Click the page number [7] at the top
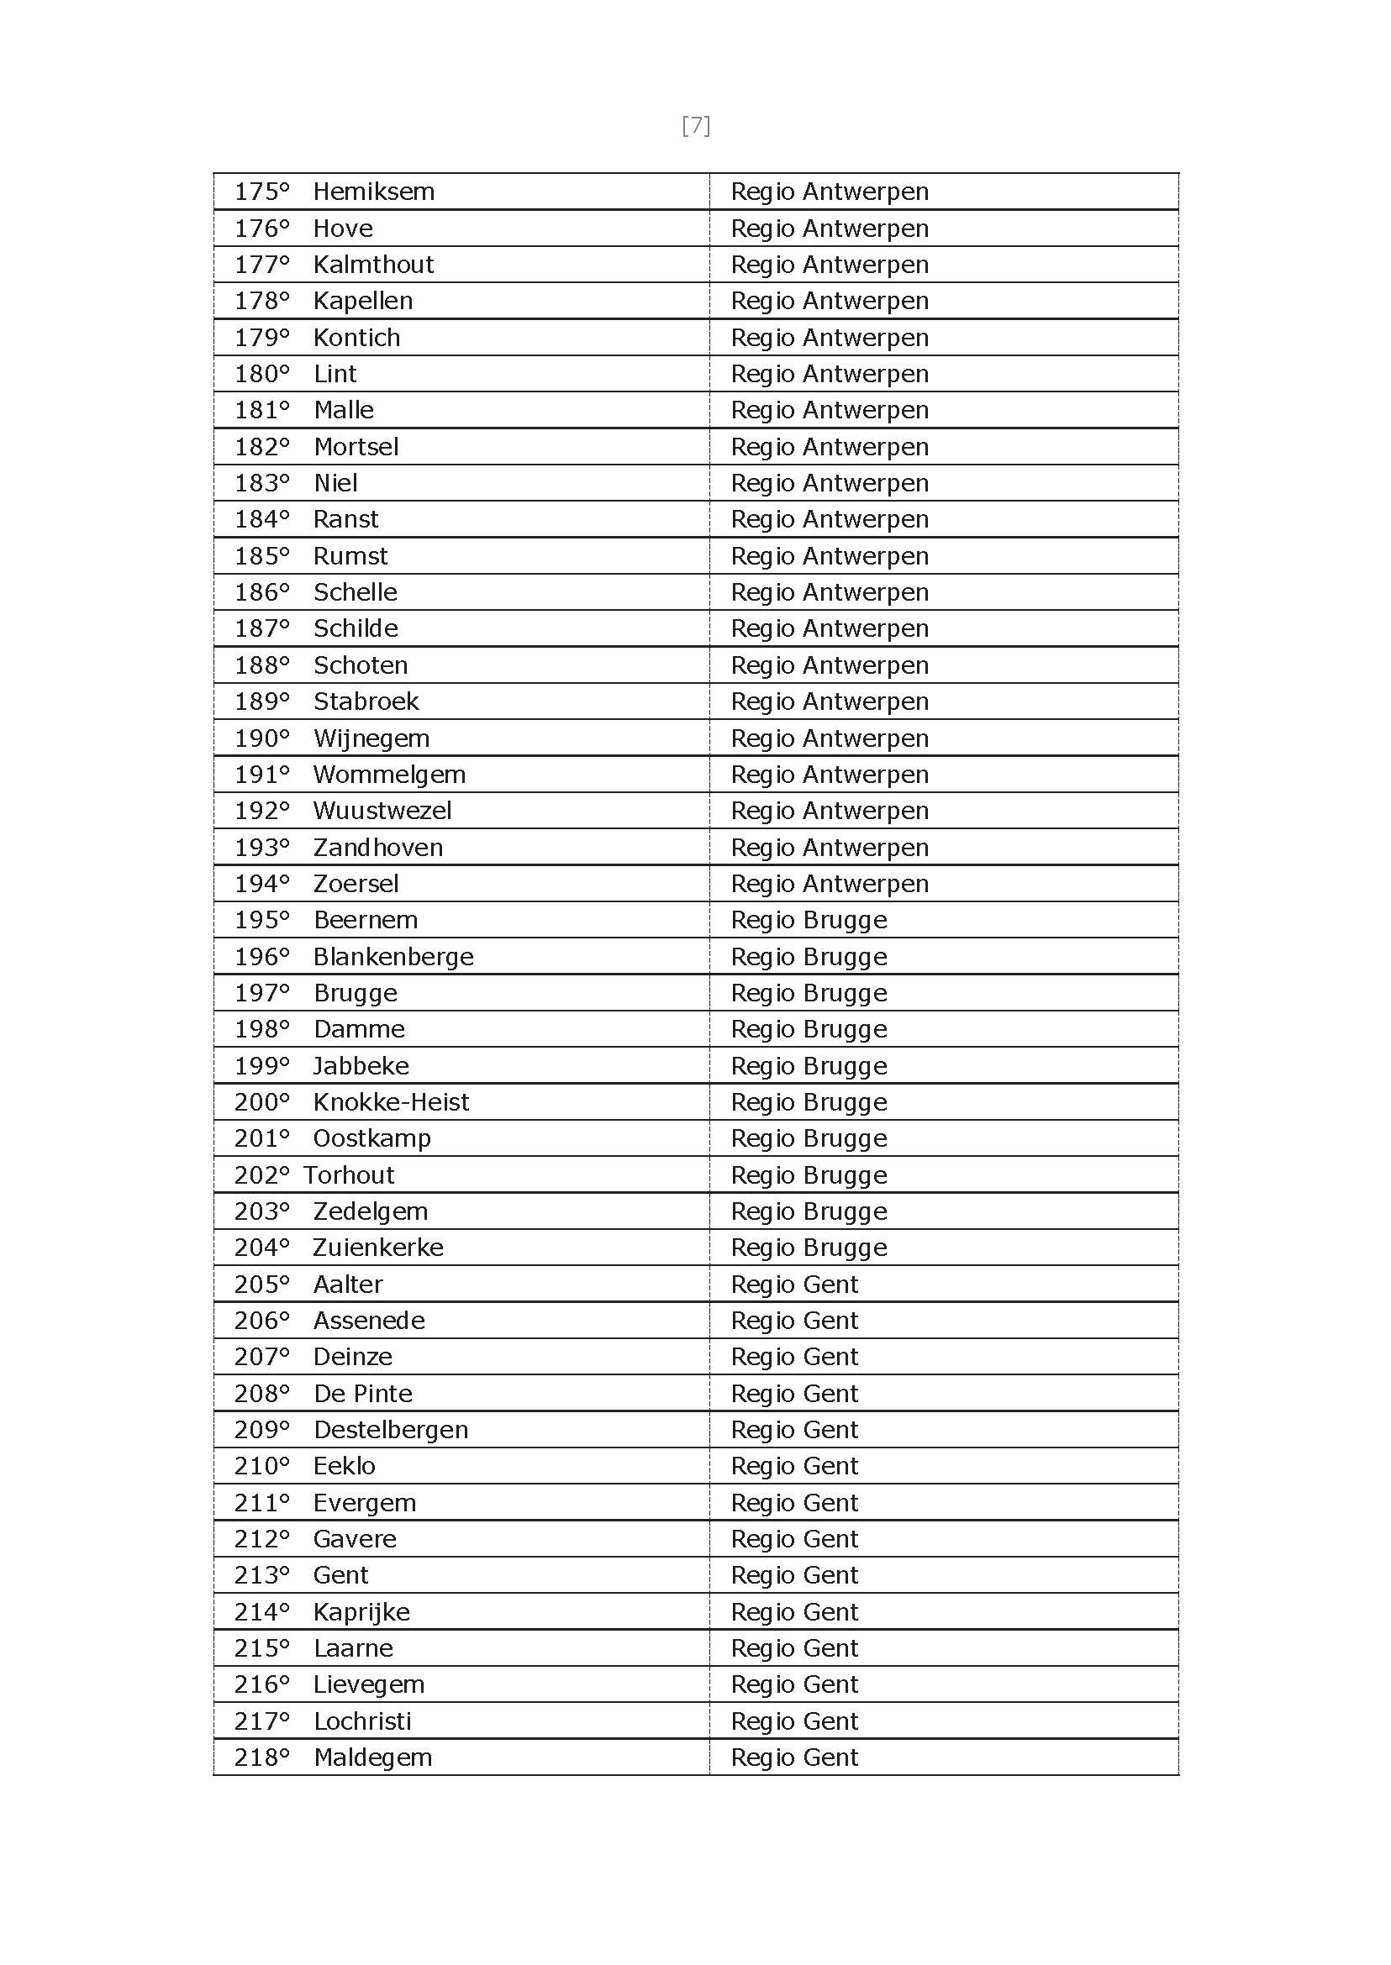pos(696,126)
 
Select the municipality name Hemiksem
pos(373,192)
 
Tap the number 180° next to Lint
pos(261,374)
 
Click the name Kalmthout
pos(373,265)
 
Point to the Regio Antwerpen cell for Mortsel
pos(829,447)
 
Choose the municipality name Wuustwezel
pos(382,811)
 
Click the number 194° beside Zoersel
pos(261,884)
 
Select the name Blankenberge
pos(393,956)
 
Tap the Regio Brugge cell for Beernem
pos(809,921)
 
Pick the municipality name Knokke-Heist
pos(391,1102)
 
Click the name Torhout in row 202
pos(349,1175)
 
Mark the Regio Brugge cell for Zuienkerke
pos(809,1248)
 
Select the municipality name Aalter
pos(348,1285)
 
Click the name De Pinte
pos(363,1394)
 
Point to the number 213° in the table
pos(261,1575)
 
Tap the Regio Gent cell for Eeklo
pos(794,1466)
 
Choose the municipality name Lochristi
pos(362,1721)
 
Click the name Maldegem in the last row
pos(372,1757)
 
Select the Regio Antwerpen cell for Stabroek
pos(829,701)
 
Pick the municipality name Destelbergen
pos(391,1430)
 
